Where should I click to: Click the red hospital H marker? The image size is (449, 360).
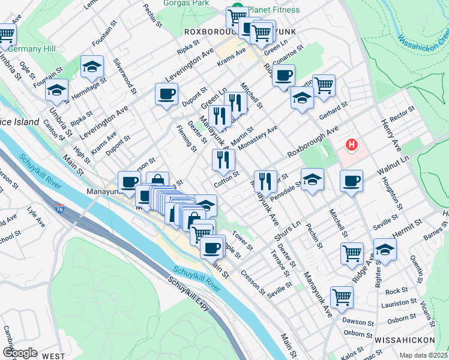click(x=352, y=145)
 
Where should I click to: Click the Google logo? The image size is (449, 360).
click(x=20, y=353)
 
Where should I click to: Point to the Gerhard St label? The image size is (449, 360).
click(x=334, y=110)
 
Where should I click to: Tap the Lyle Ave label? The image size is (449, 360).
click(x=36, y=218)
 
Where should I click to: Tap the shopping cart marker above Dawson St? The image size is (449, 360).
click(x=342, y=296)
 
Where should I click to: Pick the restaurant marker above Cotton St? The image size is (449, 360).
click(x=223, y=160)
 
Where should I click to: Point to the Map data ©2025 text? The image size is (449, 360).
click(x=423, y=355)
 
